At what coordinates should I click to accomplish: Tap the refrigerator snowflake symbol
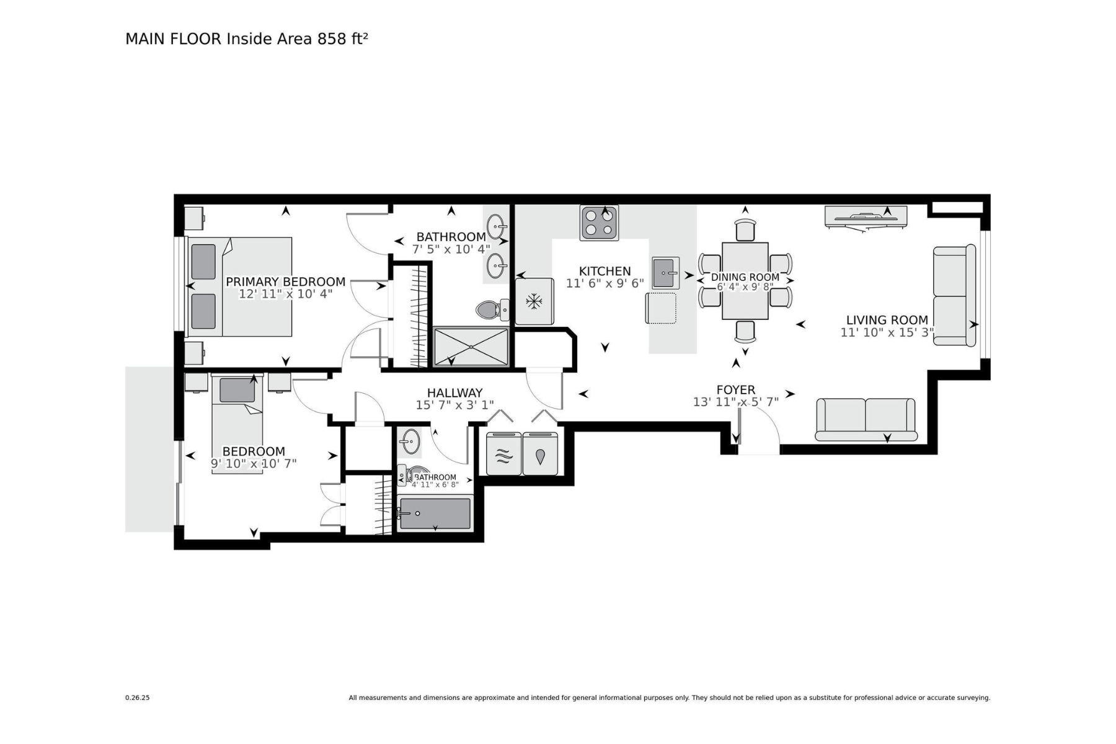533,301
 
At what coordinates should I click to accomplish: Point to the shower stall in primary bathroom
471,346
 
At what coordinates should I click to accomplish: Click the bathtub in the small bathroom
435,513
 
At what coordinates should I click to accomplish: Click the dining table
745,280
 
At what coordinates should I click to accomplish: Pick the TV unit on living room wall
866,217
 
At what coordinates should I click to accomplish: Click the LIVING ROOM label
887,320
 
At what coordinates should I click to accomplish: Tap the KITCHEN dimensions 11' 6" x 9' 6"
604,283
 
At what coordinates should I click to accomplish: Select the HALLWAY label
454,392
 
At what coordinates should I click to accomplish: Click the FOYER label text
735,389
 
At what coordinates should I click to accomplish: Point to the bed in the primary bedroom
248,286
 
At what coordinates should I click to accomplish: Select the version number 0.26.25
137,697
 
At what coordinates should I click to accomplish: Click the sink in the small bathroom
409,441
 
